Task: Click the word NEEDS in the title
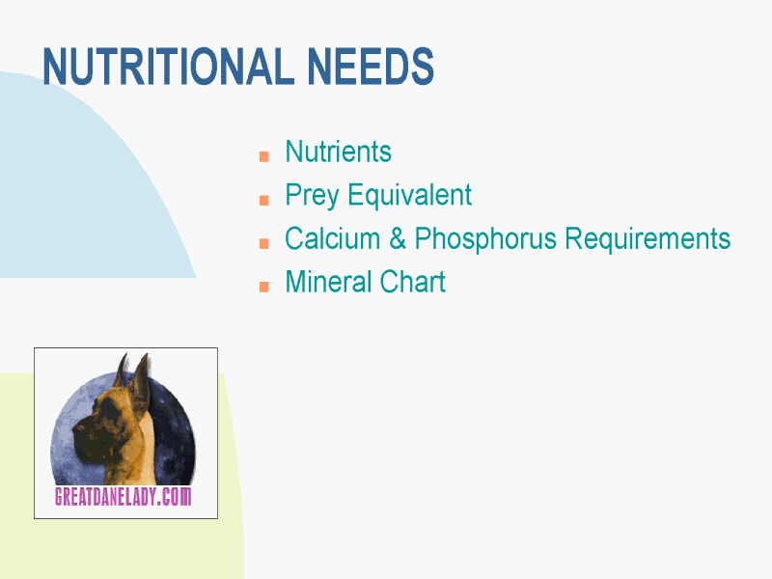pos(371,67)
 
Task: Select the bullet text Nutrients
pos(339,152)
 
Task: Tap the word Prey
pos(312,196)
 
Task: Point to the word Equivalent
pos(409,195)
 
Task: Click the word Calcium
pos(332,238)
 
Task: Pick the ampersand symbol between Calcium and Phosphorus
pos(398,238)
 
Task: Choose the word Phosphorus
pos(485,239)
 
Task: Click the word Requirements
pos(648,239)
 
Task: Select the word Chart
pos(413,282)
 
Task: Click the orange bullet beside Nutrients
pos(263,156)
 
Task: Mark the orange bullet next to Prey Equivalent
pos(263,200)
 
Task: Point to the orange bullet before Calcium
pos(263,243)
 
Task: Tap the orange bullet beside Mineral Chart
pos(263,287)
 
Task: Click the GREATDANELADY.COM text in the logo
pos(124,496)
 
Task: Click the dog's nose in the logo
pos(78,429)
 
